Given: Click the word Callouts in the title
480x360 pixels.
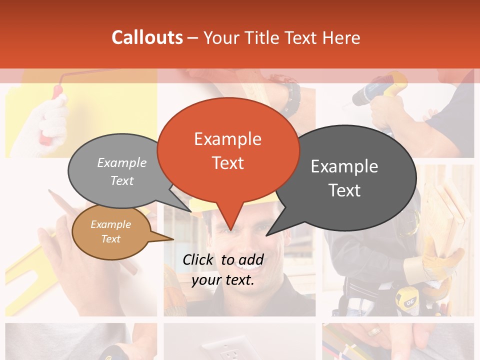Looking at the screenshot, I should tap(147, 37).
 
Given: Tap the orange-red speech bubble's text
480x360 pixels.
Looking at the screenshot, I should tap(228, 151).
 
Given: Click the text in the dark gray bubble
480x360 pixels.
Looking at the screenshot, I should tap(344, 178).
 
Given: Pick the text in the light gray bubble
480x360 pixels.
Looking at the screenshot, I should tap(122, 171).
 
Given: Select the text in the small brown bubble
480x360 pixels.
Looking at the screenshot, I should tap(111, 231).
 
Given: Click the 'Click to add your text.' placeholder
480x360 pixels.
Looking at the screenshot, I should tap(223, 270).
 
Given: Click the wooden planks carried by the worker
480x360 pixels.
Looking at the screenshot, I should tap(450, 210).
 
